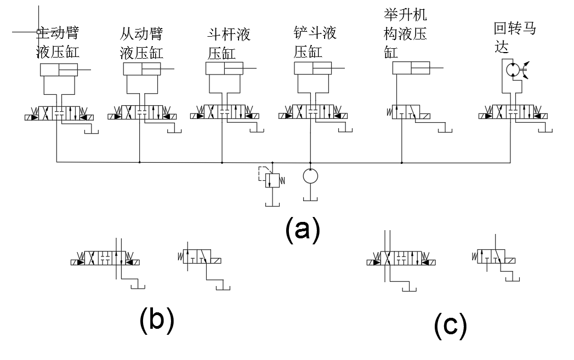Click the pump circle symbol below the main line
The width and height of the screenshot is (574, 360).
tap(310, 176)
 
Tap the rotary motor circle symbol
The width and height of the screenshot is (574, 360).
tap(513, 69)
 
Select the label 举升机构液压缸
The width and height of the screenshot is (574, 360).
tap(406, 32)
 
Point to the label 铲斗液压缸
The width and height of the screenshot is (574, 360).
tap(315, 42)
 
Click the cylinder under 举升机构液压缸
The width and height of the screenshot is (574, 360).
tap(411, 68)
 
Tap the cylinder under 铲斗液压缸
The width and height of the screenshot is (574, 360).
tap(313, 68)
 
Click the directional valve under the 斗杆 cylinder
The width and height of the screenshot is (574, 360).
tap(224, 112)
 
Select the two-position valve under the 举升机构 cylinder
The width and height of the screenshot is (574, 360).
tap(408, 112)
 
